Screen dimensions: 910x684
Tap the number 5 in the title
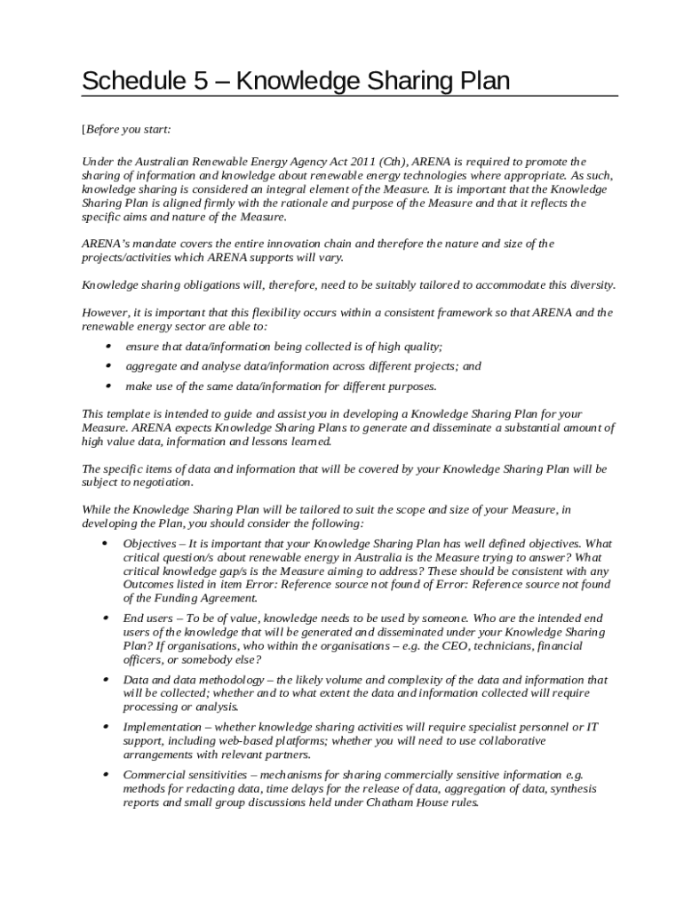click(x=202, y=82)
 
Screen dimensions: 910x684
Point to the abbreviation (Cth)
click(x=393, y=162)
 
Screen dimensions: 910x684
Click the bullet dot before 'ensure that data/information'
click(x=107, y=347)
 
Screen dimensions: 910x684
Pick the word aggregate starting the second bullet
click(x=150, y=366)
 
